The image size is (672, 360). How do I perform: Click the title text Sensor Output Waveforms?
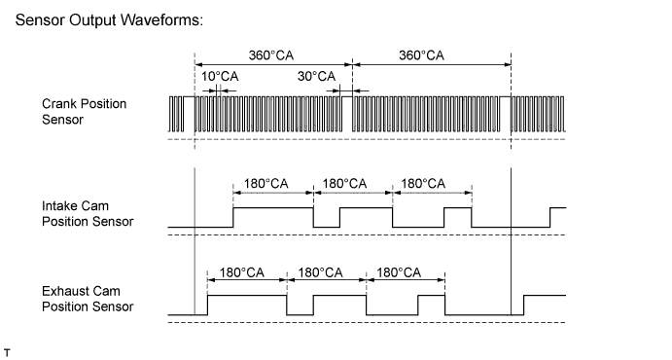coord(109,21)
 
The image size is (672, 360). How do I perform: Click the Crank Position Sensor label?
coord(84,111)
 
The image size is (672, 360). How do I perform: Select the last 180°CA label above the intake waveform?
coord(423,182)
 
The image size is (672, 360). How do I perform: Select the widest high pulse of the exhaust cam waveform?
coord(247,301)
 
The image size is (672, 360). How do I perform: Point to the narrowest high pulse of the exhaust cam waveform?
coord(431,301)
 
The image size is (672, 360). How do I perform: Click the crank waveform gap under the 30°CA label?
coord(347,97)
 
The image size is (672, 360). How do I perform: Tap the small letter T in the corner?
coord(7,348)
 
